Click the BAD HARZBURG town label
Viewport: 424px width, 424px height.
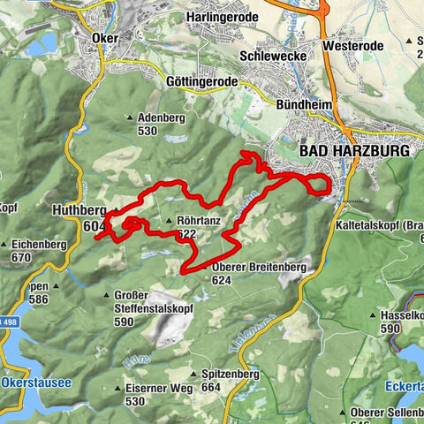(x=355, y=152)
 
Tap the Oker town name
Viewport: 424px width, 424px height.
(x=104, y=38)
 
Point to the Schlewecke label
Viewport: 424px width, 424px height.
(x=272, y=55)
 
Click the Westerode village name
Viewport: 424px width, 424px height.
(x=352, y=43)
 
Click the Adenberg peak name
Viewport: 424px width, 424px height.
(x=159, y=117)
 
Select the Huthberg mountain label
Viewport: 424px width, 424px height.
(x=79, y=211)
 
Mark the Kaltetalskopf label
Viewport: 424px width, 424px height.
(x=380, y=226)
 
